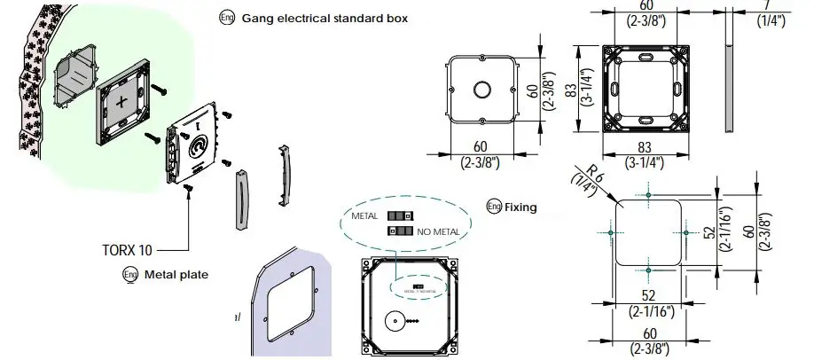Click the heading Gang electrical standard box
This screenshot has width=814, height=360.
[325, 19]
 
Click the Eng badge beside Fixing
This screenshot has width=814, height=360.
[494, 207]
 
